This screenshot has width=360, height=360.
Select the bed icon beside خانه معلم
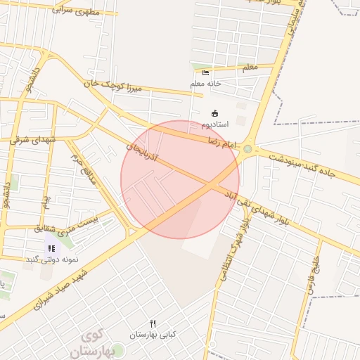coord(205,72)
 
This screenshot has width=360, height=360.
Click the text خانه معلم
coord(205,84)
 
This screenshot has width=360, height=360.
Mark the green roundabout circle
coord(247,149)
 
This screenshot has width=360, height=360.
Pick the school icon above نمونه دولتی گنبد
coord(51,248)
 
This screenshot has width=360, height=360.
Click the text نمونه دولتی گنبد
coord(51,259)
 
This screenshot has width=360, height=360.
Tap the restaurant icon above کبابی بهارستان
coord(153,323)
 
